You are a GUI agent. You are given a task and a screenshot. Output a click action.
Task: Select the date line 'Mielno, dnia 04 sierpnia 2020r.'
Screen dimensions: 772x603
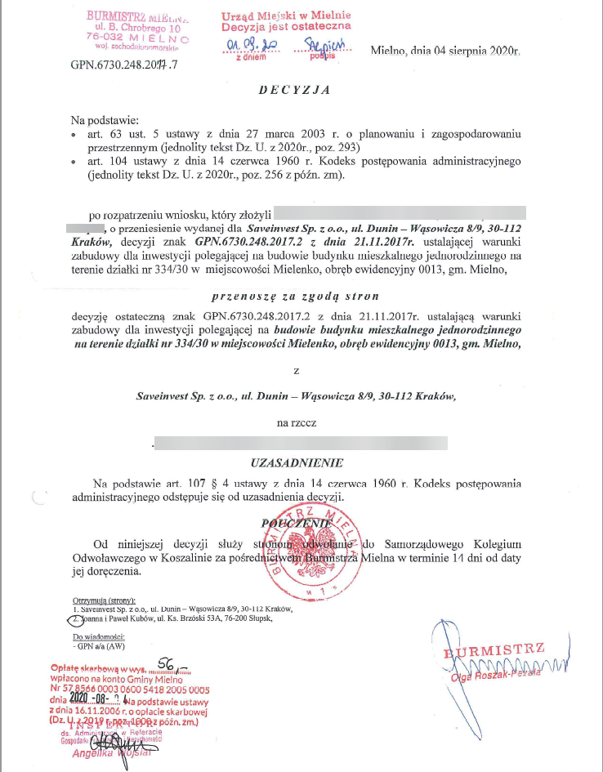coord(444,51)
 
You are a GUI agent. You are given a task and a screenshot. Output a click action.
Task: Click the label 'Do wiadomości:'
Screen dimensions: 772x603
coord(98,636)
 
